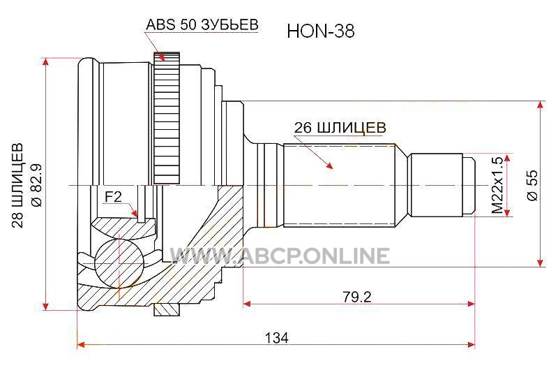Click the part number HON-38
pos(321,31)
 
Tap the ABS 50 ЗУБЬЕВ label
pos(202,24)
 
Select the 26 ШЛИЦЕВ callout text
pos(340,128)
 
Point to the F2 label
pos(113,196)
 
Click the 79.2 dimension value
pos(357,296)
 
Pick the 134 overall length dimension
pos(276,337)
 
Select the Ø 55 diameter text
pos(532,185)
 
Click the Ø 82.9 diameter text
pos(37,185)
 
